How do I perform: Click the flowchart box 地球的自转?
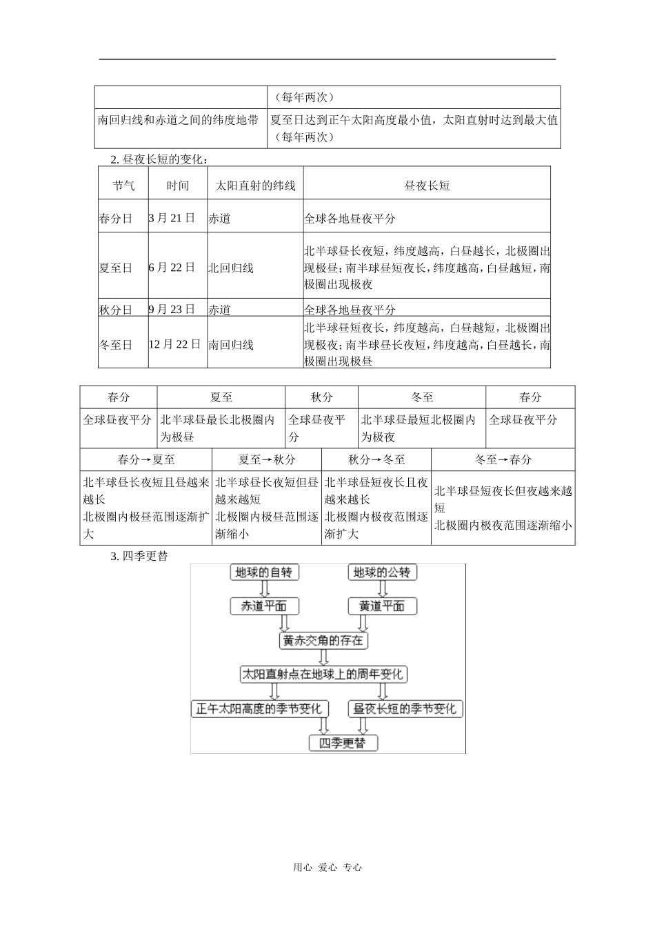point(264,572)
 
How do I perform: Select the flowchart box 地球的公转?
point(381,572)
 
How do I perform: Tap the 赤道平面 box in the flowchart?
point(264,606)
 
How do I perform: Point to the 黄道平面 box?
point(381,606)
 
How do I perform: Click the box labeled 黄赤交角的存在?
point(323,641)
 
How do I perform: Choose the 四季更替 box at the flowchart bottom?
point(343,743)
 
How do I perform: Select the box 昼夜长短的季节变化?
point(405,708)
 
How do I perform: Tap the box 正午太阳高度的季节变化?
point(260,708)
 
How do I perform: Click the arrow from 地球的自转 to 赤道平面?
point(264,589)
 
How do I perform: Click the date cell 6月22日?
point(172,268)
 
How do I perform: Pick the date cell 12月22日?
point(175,344)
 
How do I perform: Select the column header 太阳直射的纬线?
point(255,186)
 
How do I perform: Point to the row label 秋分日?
point(116,310)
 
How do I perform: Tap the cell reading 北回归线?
point(232,268)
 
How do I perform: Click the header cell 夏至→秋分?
point(267,459)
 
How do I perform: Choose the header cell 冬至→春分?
point(503,459)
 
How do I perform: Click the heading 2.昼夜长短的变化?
point(159,159)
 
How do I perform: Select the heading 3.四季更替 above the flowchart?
point(139,555)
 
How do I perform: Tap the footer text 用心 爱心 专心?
point(327,868)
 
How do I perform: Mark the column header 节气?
point(123,186)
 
